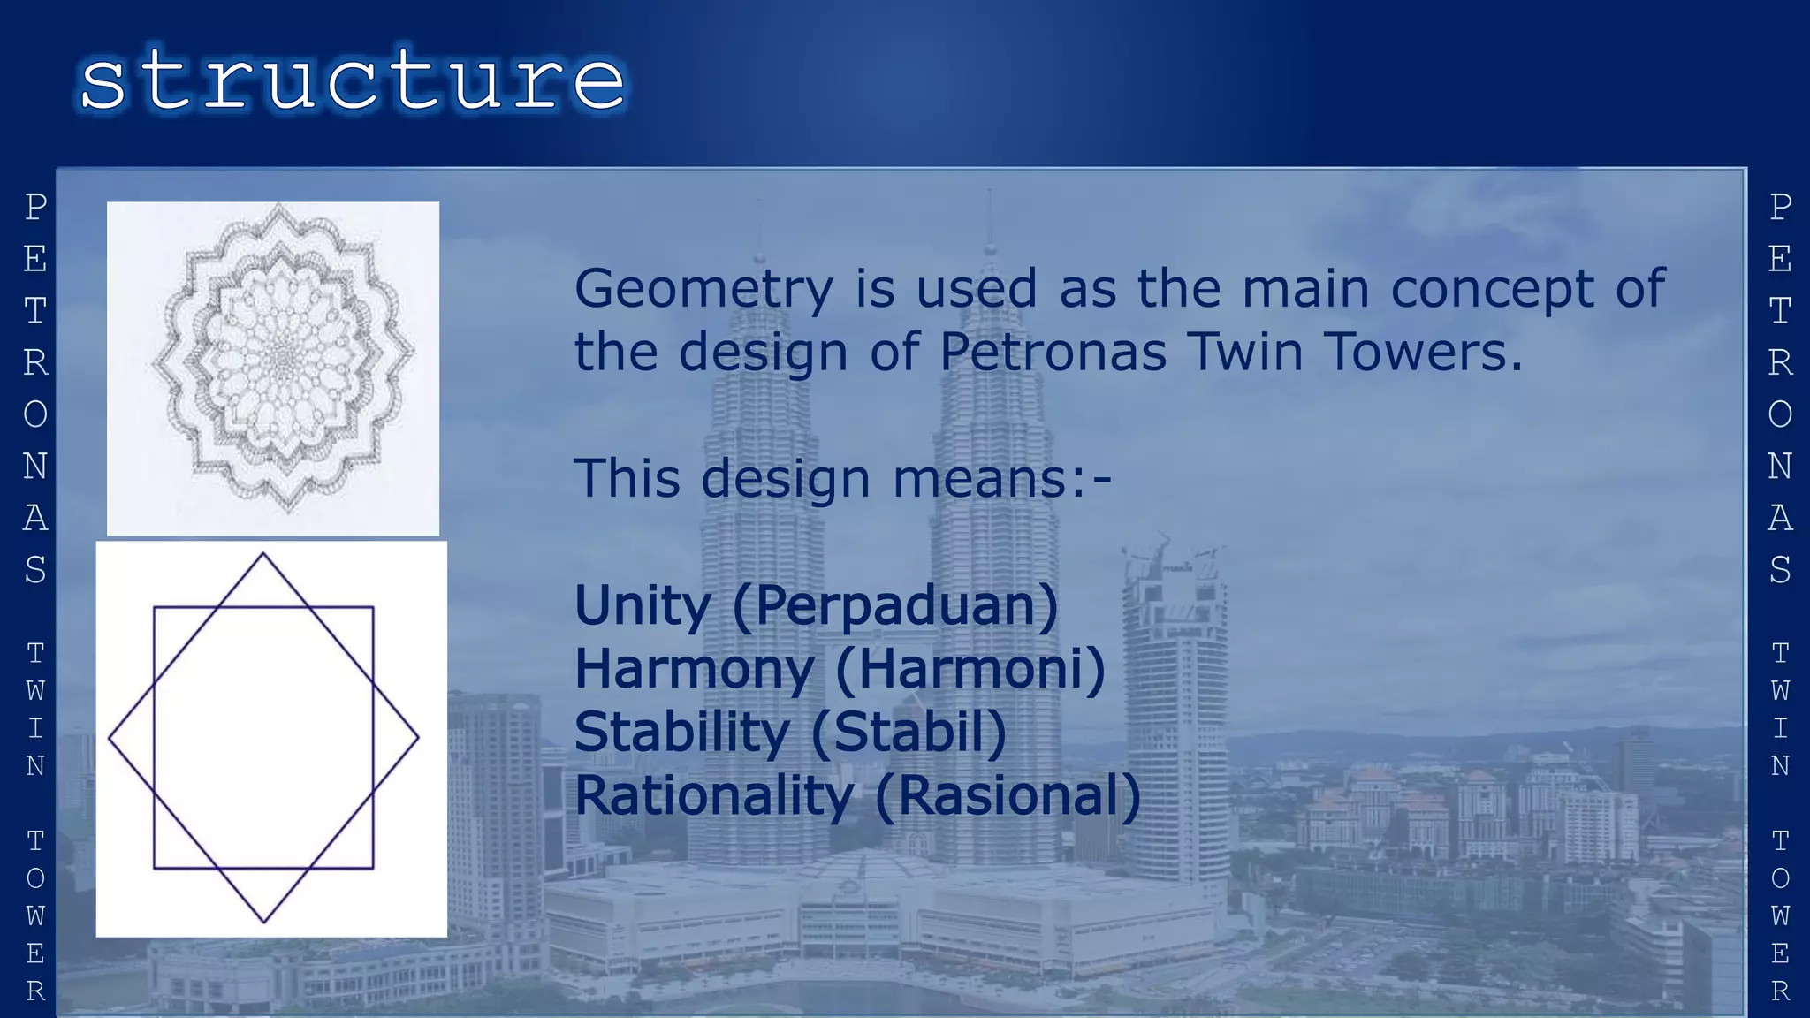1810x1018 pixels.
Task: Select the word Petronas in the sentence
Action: point(1053,352)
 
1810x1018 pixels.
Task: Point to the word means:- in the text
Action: point(1001,479)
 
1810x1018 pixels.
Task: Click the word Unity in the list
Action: point(643,606)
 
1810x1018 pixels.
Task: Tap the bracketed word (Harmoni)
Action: point(970,670)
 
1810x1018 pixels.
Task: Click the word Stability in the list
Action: point(681,733)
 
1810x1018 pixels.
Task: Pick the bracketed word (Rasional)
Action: point(1008,796)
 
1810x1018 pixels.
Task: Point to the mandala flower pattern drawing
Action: point(281,361)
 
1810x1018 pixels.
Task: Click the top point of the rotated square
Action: point(262,554)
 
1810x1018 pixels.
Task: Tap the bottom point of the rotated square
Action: point(263,922)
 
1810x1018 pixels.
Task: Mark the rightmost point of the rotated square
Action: point(417,737)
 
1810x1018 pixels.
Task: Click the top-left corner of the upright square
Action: point(155,608)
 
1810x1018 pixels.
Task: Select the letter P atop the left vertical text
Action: point(35,208)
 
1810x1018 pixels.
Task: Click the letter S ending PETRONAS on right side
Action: point(1780,570)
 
